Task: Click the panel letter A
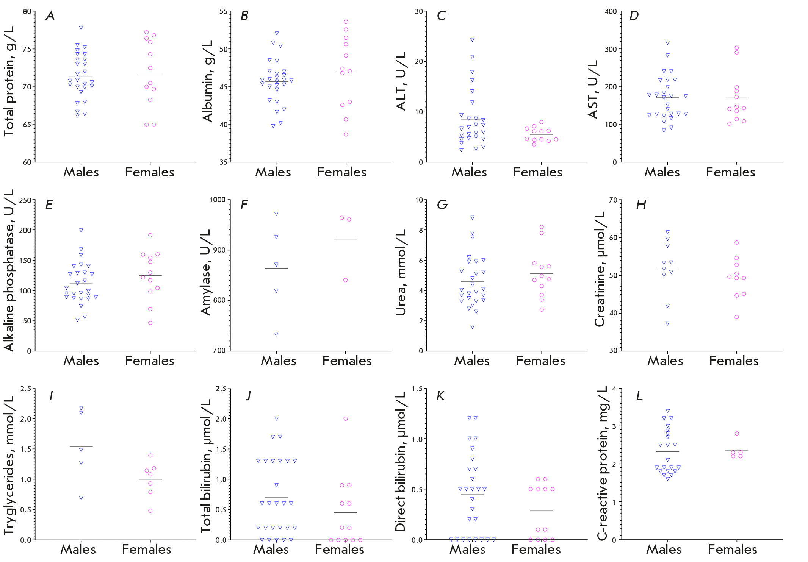click(50, 16)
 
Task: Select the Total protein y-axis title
click(9, 81)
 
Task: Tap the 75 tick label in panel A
click(27, 49)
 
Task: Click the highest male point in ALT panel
click(472, 40)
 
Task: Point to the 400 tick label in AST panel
click(611, 12)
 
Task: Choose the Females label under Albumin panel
click(341, 172)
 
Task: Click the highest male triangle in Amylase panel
click(276, 214)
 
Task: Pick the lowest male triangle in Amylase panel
click(276, 334)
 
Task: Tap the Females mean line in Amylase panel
click(345, 239)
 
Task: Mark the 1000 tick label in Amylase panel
click(218, 200)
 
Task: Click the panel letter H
click(641, 205)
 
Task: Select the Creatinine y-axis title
click(600, 270)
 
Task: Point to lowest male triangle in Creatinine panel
click(667, 323)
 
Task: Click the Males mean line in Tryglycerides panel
click(81, 446)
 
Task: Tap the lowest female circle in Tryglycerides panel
click(150, 511)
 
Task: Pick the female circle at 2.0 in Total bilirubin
click(346, 419)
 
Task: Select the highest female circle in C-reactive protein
click(737, 434)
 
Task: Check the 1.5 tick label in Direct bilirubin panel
click(417, 389)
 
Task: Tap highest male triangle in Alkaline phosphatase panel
click(81, 230)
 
